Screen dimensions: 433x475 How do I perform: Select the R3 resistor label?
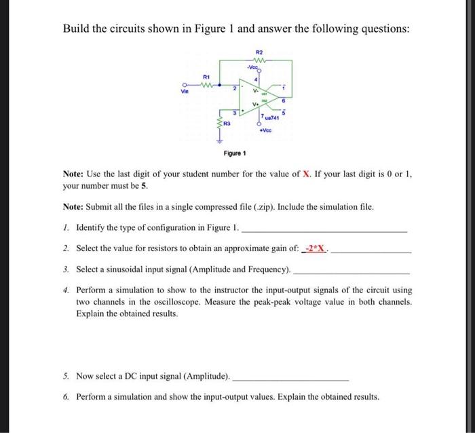pyautogui.click(x=227, y=124)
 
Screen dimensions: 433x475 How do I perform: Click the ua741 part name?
pyautogui.click(x=274, y=118)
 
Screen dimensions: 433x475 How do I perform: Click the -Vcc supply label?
pyautogui.click(x=254, y=67)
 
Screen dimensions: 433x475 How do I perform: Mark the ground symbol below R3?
pyautogui.click(x=219, y=142)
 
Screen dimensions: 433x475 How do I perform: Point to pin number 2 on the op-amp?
pyautogui.click(x=234, y=89)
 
